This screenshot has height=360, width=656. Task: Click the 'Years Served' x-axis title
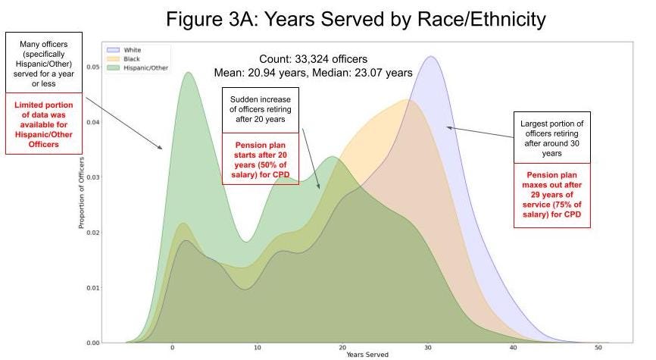[367, 355]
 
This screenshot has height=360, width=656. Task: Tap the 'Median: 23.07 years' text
[368, 74]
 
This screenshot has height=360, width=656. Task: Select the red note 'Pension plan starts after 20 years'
[260, 158]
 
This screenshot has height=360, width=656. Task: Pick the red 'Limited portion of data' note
[43, 124]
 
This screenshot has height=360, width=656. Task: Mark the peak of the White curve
[432, 57]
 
